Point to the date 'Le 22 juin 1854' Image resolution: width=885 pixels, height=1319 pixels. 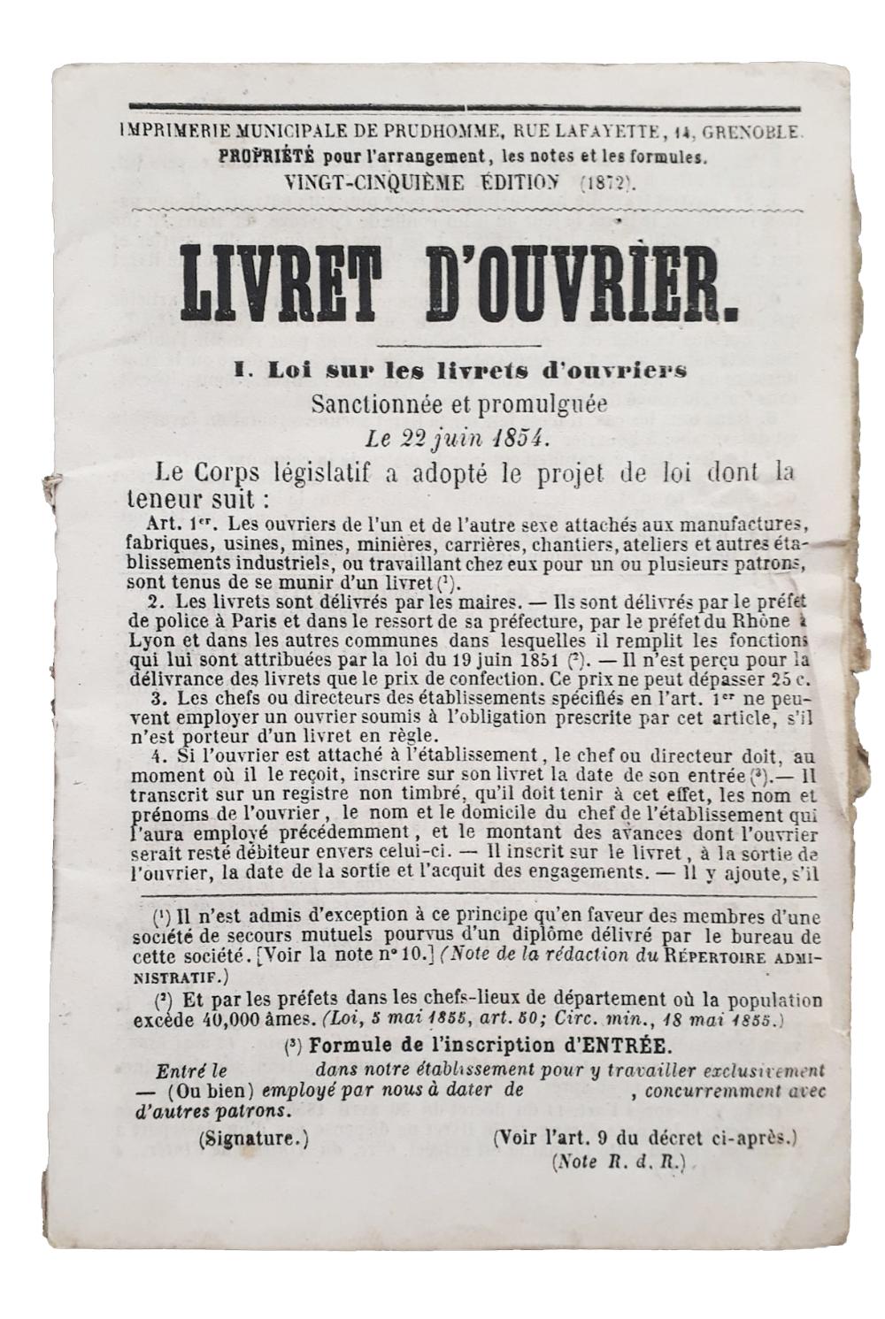[458, 437]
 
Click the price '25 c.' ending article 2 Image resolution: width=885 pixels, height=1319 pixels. [791, 679]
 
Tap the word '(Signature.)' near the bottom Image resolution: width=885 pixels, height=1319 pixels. [255, 1139]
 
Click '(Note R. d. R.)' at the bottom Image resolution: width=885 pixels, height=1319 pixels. [619, 1162]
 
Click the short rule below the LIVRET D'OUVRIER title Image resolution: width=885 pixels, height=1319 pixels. [458, 344]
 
